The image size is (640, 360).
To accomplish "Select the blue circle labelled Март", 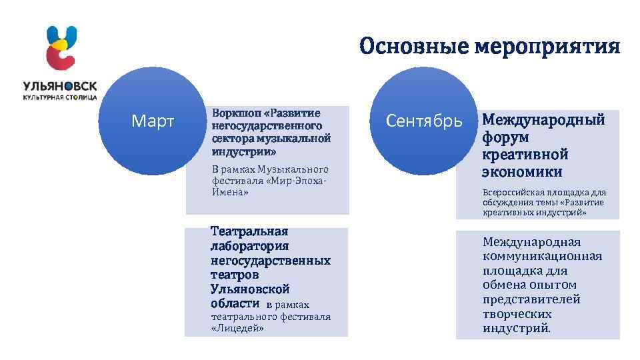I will [x=153, y=121].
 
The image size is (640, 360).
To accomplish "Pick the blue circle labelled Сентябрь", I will [x=425, y=121].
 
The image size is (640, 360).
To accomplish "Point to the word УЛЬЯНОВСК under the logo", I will [x=60, y=87].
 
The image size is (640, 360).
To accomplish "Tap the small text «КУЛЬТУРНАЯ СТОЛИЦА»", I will [x=60, y=97].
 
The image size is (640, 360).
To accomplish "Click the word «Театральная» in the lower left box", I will [x=249, y=231].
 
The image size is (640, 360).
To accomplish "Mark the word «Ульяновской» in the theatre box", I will [x=250, y=289].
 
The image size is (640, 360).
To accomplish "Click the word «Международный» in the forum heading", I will [x=543, y=120].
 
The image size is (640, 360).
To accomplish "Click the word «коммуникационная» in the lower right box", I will [x=542, y=256].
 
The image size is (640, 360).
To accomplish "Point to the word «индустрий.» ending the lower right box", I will [x=517, y=329].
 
